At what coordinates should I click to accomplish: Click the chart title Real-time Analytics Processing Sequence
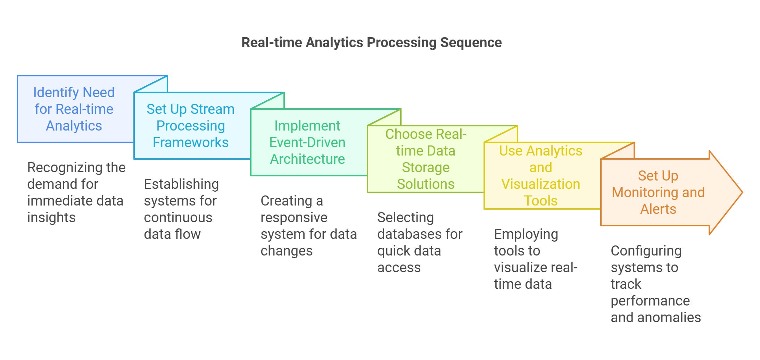click(371, 43)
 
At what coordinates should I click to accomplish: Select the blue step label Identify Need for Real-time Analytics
click(74, 109)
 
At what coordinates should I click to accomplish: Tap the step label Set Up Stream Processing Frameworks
click(191, 126)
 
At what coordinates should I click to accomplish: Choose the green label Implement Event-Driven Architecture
click(307, 142)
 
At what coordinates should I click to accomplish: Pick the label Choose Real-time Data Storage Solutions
click(426, 159)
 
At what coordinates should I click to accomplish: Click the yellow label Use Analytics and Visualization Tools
click(541, 176)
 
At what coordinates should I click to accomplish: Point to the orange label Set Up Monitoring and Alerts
click(658, 192)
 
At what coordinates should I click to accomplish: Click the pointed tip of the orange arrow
click(742, 192)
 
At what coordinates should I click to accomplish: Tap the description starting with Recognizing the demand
click(76, 192)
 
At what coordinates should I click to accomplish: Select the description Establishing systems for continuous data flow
click(181, 209)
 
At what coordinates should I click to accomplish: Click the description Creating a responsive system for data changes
click(309, 226)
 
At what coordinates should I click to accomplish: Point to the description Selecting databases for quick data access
click(420, 242)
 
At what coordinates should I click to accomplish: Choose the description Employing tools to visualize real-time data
click(536, 259)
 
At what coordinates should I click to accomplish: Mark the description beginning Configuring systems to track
click(656, 284)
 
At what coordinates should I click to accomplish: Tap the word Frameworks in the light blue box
click(191, 142)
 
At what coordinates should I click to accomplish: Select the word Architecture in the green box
click(307, 159)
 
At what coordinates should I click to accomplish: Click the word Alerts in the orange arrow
click(658, 209)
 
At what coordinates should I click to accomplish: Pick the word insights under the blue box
click(51, 218)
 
